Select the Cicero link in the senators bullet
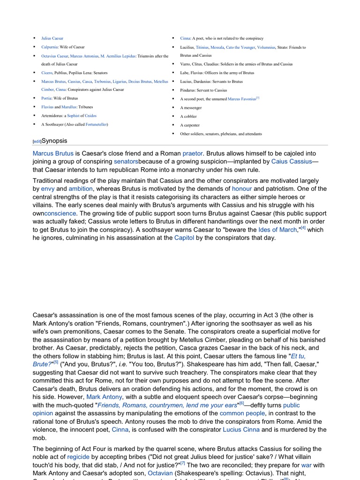[47, 73]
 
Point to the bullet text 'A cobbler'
[188, 116]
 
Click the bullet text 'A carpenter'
[190, 125]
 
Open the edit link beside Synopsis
[37, 142]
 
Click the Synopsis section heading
[54, 141]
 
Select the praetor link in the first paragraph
[193, 153]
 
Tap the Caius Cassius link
[292, 162]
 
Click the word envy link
[48, 188]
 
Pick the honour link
[242, 188]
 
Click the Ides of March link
[277, 230]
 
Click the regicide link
[78, 457]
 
